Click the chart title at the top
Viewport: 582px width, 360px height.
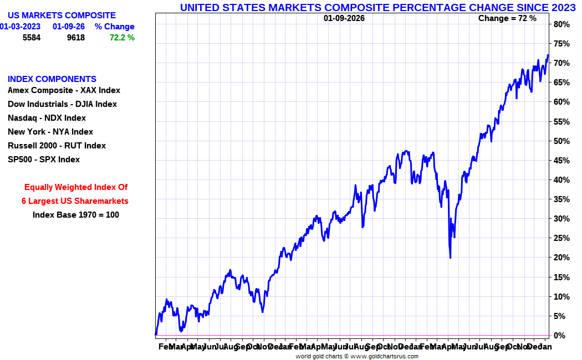point(377,7)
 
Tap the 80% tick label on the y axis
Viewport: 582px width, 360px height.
point(561,24)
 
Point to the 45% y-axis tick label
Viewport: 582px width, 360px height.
point(561,161)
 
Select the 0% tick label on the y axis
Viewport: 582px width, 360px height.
point(559,336)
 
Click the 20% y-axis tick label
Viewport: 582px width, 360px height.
point(561,258)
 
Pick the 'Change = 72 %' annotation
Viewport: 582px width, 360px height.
point(507,18)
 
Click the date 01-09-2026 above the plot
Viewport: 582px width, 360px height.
point(344,18)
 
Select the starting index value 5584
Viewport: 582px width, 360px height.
point(32,38)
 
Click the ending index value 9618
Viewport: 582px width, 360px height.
point(76,38)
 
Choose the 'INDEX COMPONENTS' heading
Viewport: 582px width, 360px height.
point(52,79)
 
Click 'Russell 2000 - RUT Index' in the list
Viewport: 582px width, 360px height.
point(57,146)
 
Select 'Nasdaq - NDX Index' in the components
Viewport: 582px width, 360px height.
point(47,118)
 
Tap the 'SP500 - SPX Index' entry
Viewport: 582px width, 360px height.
point(44,160)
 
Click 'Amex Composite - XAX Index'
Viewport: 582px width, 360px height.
point(64,90)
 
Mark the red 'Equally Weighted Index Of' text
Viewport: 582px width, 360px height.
point(76,187)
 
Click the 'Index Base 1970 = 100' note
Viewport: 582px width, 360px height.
point(76,215)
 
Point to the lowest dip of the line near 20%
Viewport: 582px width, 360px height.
point(450,258)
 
